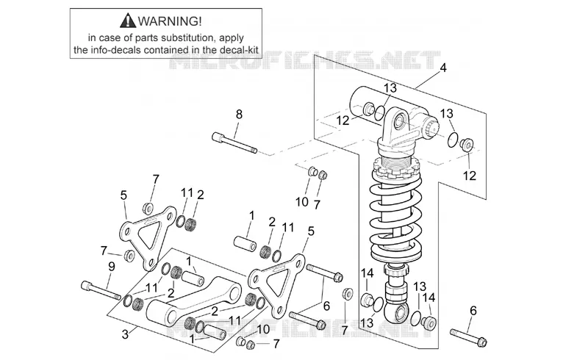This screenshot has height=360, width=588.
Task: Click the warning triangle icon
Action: point(128,21)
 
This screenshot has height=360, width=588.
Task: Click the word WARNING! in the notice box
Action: point(170,21)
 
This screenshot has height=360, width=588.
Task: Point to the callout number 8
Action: point(239,114)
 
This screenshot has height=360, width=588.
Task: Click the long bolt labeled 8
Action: point(234,143)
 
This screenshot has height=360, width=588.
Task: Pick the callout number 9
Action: point(112,267)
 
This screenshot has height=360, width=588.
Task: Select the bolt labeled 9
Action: point(101,290)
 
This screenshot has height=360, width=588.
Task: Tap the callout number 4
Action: point(443,68)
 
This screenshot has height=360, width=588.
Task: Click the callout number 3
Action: point(125,334)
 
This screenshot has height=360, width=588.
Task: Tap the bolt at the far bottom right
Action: point(468,337)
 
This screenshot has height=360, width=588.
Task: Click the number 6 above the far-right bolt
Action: point(473,311)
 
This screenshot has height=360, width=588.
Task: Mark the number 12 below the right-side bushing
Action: point(470,176)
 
